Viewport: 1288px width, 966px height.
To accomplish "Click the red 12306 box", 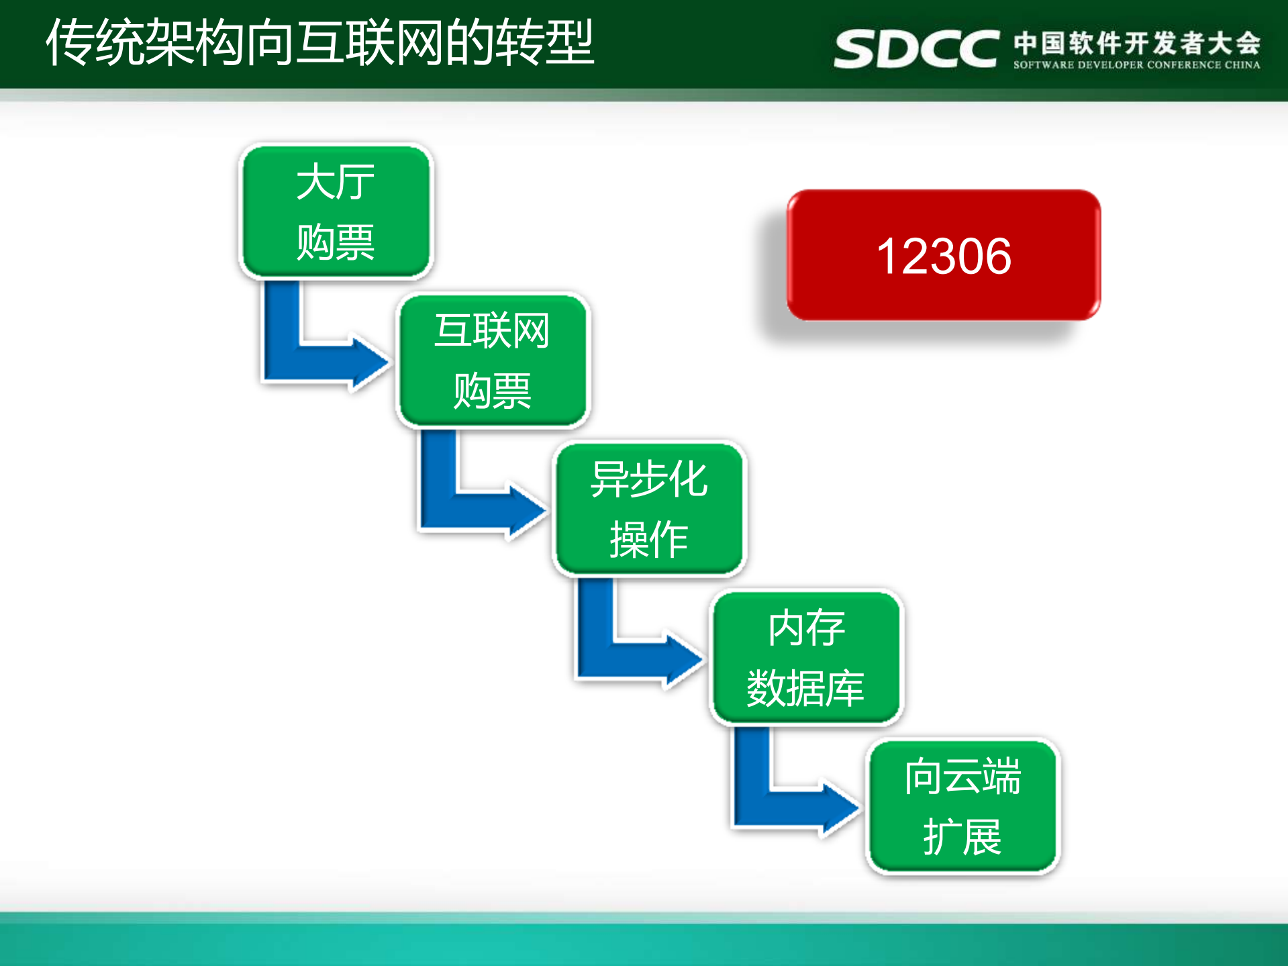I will click(x=943, y=255).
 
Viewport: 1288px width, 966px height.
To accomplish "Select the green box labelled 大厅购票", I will click(x=336, y=211).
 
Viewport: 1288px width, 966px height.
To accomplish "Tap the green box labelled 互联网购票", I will click(x=493, y=360).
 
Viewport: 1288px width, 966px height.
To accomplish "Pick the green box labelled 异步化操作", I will click(x=649, y=509).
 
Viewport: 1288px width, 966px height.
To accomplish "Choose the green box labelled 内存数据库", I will click(x=806, y=658).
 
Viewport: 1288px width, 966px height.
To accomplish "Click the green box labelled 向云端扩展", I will click(x=962, y=806).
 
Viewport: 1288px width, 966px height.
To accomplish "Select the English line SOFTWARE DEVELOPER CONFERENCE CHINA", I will click(x=1136, y=65).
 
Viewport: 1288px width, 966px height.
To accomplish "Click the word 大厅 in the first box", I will click(x=336, y=182).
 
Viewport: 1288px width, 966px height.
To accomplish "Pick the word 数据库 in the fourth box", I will click(x=805, y=688).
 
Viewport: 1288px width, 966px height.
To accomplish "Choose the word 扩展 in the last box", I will click(x=962, y=837).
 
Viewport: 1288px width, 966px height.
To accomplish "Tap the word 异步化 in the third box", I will click(x=649, y=479).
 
